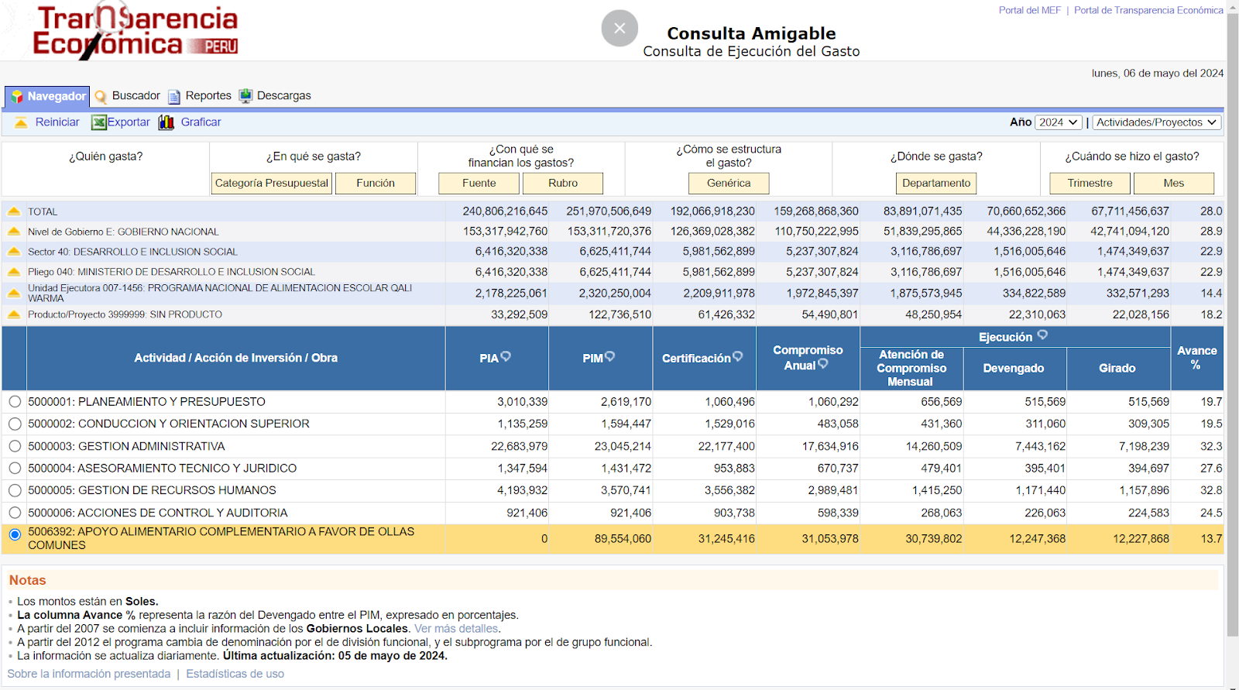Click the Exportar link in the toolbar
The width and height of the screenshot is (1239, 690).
coord(121,122)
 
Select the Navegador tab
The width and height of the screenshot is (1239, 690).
coord(47,96)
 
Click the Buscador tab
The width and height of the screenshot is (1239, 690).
coord(127,96)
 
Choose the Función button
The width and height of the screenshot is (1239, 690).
coord(376,184)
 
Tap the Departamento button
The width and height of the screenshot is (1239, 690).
coord(936,184)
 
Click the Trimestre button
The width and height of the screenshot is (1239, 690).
coord(1090,184)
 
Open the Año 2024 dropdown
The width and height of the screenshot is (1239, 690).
coord(1058,122)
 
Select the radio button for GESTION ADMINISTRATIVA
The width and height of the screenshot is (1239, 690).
coord(15,446)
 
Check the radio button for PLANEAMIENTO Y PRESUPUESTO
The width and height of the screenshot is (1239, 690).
coord(15,402)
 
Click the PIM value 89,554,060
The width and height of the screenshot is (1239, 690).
coord(623,538)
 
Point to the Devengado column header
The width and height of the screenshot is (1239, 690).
coord(1014,369)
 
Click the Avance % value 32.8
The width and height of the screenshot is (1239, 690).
coord(1211,490)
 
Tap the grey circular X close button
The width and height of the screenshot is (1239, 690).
coord(619,28)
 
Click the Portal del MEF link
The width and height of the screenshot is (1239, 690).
coord(1029,11)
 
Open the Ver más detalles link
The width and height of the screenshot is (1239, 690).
coord(456,629)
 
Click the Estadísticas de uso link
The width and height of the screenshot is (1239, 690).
coord(235,674)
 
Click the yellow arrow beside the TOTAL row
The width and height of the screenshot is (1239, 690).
coord(14,211)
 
